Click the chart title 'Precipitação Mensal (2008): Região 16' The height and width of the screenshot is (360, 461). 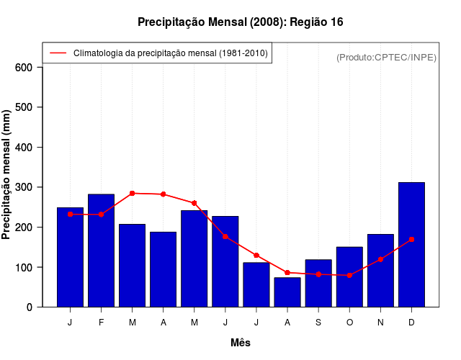pos(240,22)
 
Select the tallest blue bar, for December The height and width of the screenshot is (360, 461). pos(411,245)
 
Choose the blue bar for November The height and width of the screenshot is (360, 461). pos(380,271)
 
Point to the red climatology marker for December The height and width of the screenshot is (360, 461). pos(411,239)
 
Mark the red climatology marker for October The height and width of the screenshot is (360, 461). pos(349,275)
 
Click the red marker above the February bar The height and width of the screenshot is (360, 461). pos(101,215)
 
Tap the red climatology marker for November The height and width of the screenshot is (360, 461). pos(380,259)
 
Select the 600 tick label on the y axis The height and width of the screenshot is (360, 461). pos(24,68)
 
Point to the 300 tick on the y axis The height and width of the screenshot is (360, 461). pos(24,187)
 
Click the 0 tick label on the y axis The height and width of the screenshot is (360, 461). pos(29,307)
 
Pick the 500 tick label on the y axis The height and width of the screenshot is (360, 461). pos(24,107)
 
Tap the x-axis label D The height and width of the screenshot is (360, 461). pos(411,323)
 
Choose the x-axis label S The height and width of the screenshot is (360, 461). pos(318,323)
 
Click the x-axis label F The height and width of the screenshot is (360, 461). pos(101,323)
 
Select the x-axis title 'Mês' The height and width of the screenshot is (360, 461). pos(241,343)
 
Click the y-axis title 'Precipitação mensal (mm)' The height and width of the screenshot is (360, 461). pos(7,175)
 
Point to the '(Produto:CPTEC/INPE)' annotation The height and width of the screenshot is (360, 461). pos(387,57)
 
